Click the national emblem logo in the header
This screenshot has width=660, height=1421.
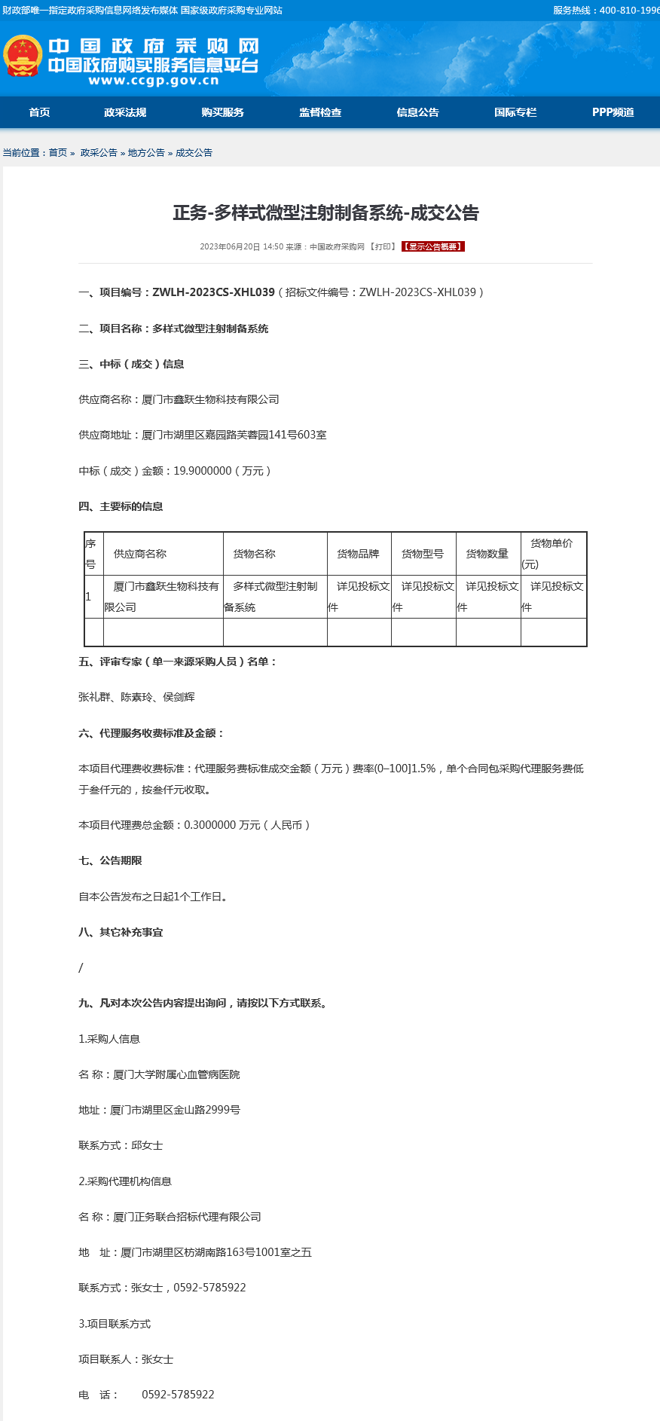click(22, 56)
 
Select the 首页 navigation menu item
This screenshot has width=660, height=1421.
click(39, 112)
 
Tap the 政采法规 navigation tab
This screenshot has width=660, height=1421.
click(125, 112)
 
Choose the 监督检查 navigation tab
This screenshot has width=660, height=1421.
click(320, 112)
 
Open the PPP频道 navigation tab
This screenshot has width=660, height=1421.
click(613, 112)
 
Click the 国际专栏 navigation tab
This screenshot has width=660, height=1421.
click(515, 112)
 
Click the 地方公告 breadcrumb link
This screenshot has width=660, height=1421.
click(146, 153)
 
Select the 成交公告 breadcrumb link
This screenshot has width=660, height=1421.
click(194, 153)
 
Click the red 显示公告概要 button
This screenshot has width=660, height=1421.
click(433, 246)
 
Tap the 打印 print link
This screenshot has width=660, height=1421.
click(383, 246)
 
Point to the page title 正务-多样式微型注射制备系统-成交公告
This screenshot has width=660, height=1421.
click(326, 213)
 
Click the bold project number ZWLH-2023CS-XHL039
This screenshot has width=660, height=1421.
click(213, 292)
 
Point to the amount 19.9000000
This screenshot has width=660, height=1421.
click(203, 471)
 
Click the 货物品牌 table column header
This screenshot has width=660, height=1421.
click(358, 554)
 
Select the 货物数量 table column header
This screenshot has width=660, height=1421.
click(487, 554)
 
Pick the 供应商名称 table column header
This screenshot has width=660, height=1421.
click(140, 554)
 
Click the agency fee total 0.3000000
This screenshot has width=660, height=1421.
click(209, 825)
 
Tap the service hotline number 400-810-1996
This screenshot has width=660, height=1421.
click(629, 11)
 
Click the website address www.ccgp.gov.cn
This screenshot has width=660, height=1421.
click(153, 81)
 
